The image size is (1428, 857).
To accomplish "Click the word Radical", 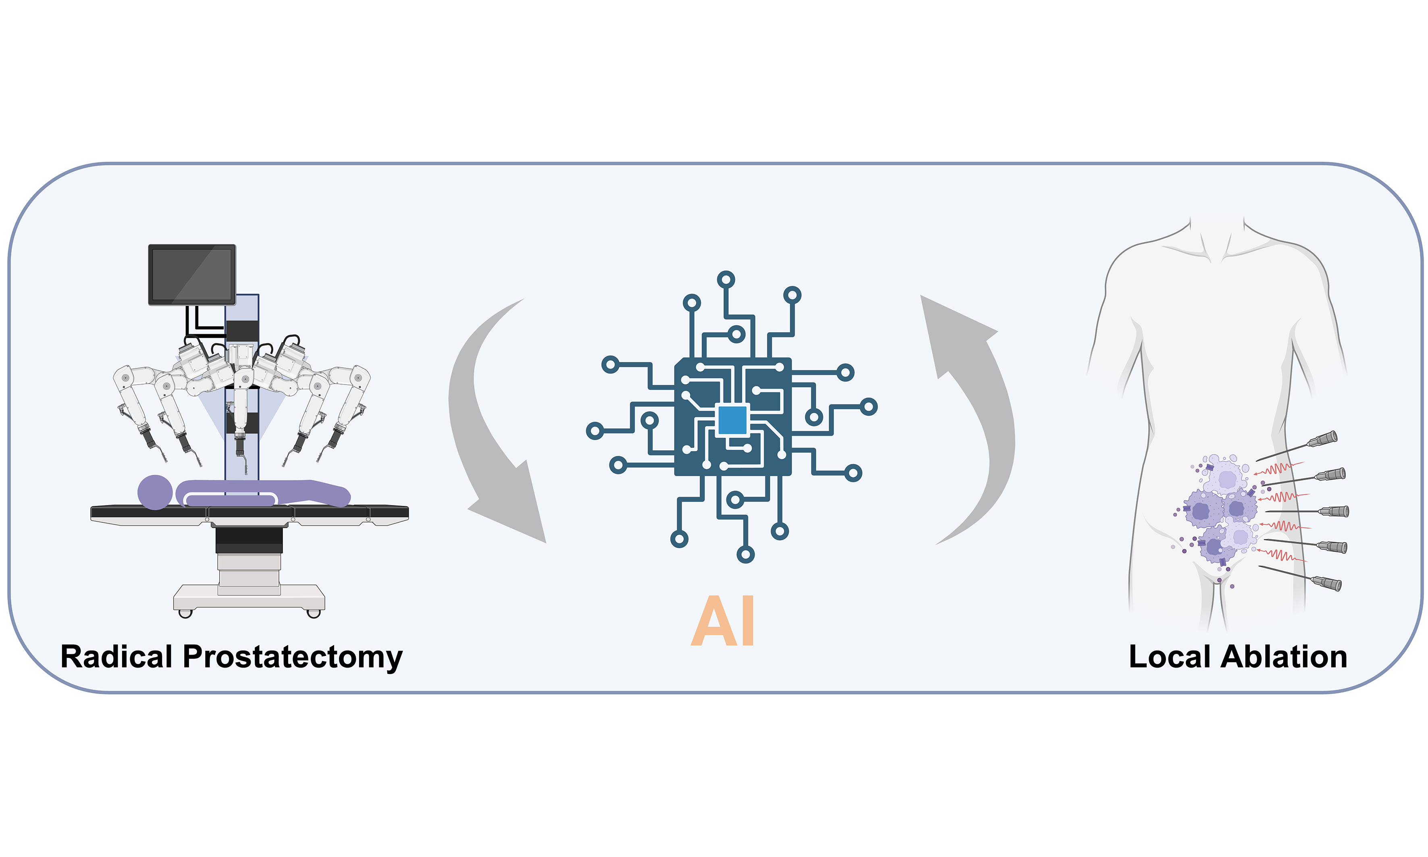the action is coord(116,657).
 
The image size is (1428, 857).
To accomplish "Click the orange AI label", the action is coord(723,621).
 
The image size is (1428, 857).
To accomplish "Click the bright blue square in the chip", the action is coord(732,420).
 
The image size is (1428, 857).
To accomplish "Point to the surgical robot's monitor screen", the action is coord(192,274).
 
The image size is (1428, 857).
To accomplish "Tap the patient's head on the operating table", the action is coord(155,492).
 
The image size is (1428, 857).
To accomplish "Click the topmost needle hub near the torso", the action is coord(1322,440).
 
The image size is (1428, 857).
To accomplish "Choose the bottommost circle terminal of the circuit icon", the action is coord(746,555).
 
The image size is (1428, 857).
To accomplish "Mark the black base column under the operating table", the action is coord(249,539).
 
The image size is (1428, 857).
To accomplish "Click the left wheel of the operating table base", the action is coord(185,613).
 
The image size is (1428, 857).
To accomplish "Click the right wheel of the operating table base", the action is coord(314,613).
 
